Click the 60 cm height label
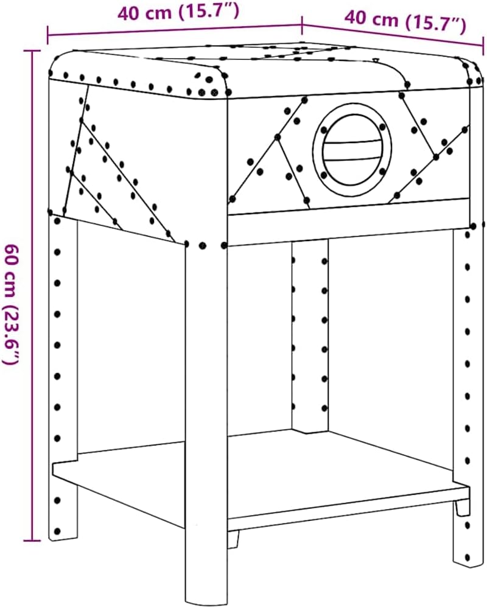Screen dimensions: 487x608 (x=11, y=304)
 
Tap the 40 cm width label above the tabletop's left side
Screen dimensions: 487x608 (x=178, y=12)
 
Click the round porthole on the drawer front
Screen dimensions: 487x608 (x=352, y=149)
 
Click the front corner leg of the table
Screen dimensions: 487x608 (x=206, y=422)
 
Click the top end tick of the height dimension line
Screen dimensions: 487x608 (x=32, y=51)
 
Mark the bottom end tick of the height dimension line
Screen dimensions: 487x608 (x=32, y=540)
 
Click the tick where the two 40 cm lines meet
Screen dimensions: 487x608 (x=302, y=24)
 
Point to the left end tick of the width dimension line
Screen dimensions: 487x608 (x=48, y=35)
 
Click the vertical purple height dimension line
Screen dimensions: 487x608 (x=32, y=295)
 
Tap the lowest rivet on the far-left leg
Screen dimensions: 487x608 (x=57, y=531)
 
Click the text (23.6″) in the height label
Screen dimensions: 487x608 (x=11, y=335)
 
